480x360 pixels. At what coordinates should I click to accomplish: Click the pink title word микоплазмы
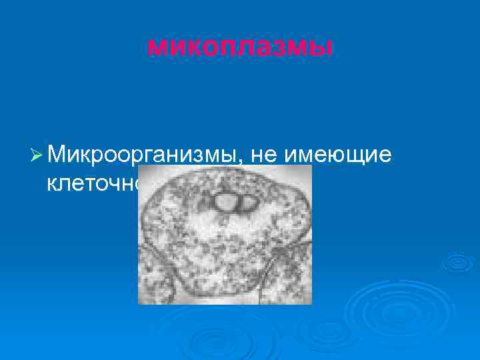click(x=239, y=46)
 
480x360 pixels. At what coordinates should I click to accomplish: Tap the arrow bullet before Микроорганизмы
click(x=37, y=155)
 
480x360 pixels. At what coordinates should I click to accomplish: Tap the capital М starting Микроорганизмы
click(x=57, y=155)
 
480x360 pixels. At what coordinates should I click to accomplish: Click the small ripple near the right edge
click(x=457, y=262)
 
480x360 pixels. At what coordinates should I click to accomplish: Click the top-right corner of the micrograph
click(x=311, y=166)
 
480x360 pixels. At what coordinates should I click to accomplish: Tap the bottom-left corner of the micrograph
click(x=139, y=303)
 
